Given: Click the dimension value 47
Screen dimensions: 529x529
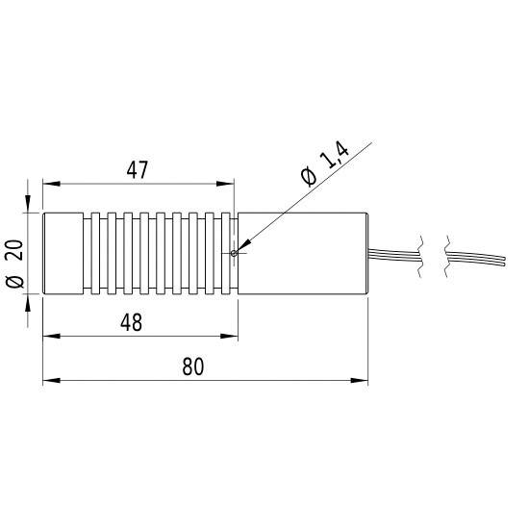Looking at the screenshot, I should coord(137,170).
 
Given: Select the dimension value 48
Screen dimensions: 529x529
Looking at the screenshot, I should coord(132,323).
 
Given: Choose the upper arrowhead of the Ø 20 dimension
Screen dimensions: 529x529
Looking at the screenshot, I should coord(29,204).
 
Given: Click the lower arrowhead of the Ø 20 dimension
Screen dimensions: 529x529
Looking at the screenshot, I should coord(29,301).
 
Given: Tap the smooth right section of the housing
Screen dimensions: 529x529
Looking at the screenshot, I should coord(303,253).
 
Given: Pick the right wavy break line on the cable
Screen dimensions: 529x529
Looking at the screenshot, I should coord(445,255).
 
